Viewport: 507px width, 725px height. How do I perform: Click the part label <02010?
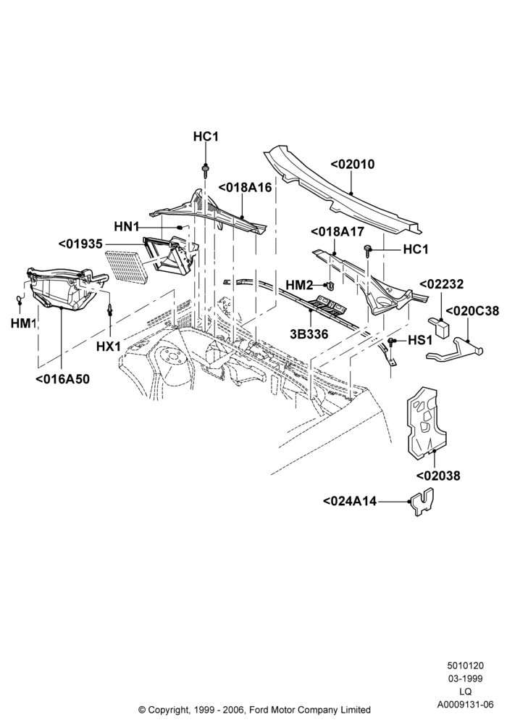click(353, 164)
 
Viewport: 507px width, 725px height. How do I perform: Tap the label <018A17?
click(338, 232)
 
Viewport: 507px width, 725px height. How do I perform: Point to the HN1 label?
click(127, 227)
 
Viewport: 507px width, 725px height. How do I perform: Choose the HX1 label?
click(109, 346)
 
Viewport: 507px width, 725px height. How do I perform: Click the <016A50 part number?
click(62, 379)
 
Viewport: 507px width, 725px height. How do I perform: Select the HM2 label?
click(299, 285)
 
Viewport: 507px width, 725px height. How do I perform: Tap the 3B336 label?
click(309, 333)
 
